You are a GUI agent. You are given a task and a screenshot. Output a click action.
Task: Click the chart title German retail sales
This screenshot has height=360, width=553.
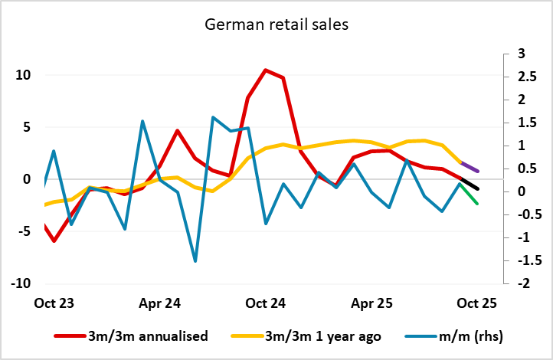tap(276, 25)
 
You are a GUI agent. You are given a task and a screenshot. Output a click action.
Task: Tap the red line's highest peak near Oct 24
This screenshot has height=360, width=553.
tap(265, 70)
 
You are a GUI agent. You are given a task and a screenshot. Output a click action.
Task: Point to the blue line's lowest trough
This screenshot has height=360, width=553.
tap(195, 261)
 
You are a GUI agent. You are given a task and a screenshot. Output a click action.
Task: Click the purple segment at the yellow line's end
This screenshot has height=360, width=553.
tap(470, 166)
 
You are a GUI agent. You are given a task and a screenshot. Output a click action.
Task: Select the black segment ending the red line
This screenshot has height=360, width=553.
tap(470, 183)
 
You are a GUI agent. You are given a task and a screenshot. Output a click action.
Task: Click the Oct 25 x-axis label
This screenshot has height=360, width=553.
tap(477, 303)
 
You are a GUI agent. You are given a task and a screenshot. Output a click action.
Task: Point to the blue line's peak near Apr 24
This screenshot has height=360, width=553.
tap(143, 121)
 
